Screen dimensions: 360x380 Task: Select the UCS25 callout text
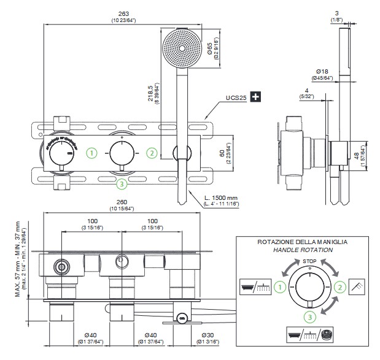tap(236, 98)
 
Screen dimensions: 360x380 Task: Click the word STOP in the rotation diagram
tap(308, 261)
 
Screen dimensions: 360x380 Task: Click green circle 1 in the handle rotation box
tap(280, 286)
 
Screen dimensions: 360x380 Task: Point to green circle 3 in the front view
tap(122, 183)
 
